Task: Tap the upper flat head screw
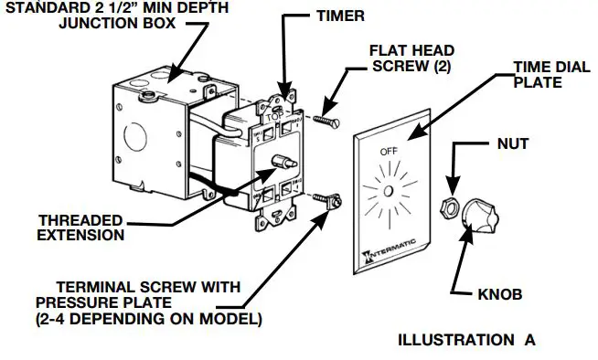(x=325, y=119)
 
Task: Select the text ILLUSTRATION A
(x=466, y=340)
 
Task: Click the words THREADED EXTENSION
(x=81, y=228)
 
